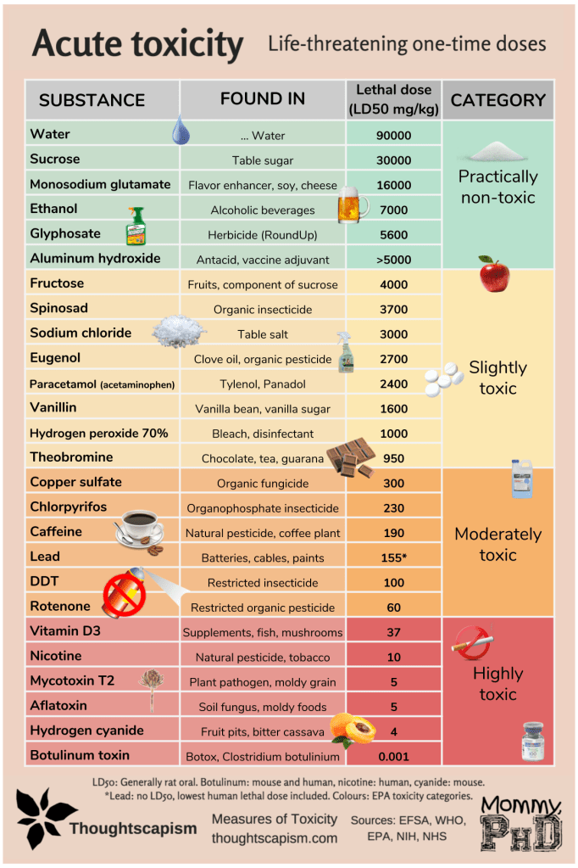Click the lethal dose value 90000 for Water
pos(393,135)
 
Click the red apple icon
pos(493,273)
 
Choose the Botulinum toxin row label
pos(80,754)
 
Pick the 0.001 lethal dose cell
pos(393,755)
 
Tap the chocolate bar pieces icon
pos(350,456)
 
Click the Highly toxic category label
pos(497,684)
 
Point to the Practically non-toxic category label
pos(497,188)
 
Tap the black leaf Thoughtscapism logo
pos(45,815)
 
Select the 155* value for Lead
pos(393,557)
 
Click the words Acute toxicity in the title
pos(137,44)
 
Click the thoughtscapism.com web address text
pos(274,837)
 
